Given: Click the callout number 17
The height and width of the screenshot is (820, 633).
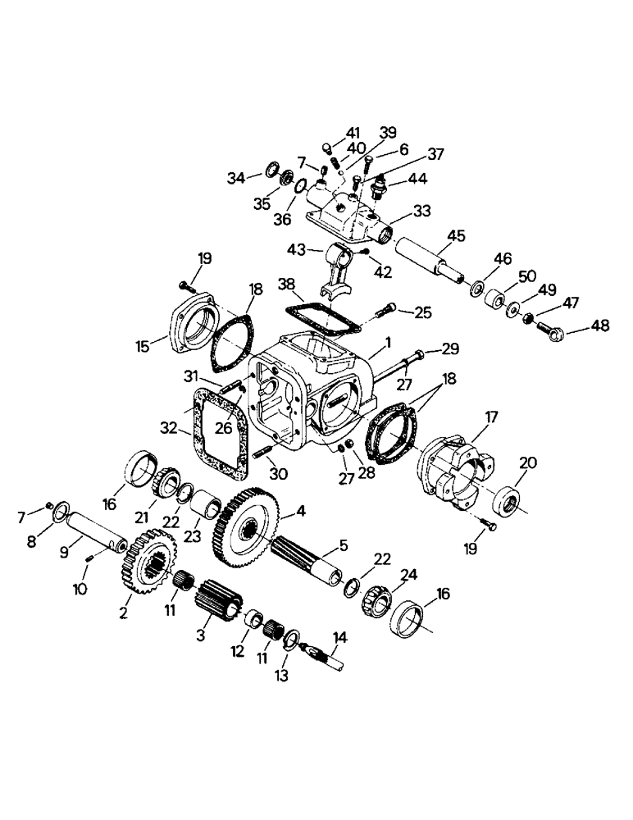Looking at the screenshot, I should click(x=491, y=417).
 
